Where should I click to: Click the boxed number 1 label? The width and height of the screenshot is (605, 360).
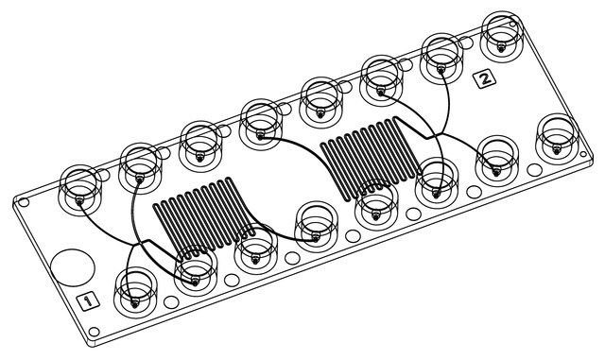tap(88, 300)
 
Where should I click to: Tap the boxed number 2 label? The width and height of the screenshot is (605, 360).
tap(485, 79)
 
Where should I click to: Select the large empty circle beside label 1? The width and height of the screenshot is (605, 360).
tap(73, 267)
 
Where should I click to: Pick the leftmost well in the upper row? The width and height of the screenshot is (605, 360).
tap(79, 190)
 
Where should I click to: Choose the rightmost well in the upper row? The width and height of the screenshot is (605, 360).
tap(502, 36)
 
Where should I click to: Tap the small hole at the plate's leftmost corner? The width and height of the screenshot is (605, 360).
tap(24, 202)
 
